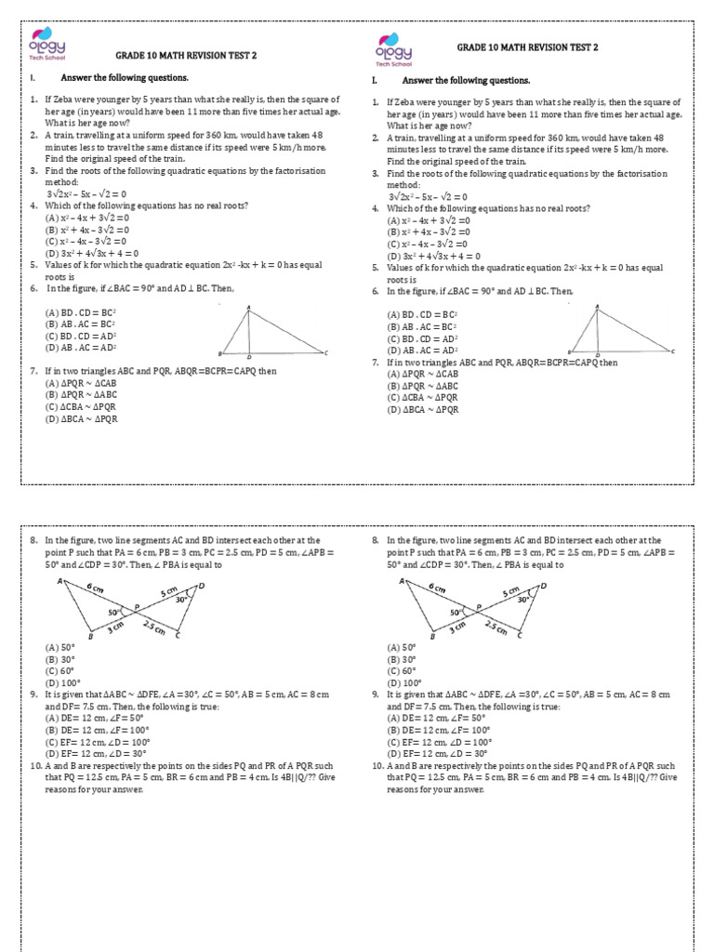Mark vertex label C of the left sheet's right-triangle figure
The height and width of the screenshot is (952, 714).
[326, 352]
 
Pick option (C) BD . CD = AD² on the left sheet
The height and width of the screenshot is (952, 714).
[78, 336]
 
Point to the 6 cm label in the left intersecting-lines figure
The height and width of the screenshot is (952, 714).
[96, 588]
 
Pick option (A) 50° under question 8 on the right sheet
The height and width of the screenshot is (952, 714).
[403, 648]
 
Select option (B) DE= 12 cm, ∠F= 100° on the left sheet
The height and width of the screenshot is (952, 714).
[99, 731]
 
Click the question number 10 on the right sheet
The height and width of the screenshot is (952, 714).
[377, 766]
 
